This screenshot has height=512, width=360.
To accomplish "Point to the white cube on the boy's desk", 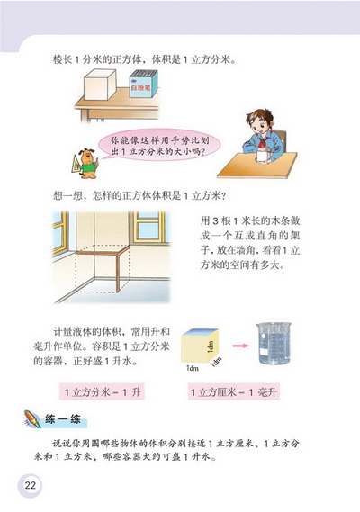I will [262, 156].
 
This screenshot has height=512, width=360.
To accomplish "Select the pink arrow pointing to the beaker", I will [239, 344].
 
